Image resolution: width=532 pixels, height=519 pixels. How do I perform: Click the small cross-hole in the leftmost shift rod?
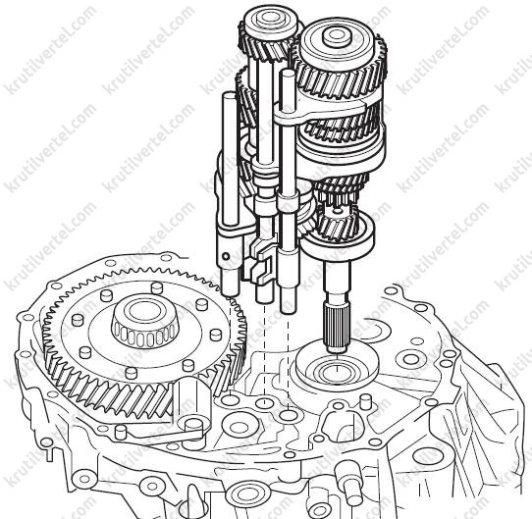(x=225, y=255)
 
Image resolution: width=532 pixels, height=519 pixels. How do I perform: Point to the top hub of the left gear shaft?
(x=270, y=21)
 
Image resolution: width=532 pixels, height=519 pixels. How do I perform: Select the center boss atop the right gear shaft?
(x=336, y=36)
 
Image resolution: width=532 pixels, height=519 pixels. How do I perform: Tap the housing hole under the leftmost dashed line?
(x=230, y=399)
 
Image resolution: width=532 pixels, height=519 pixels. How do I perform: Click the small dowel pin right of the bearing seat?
(x=365, y=401)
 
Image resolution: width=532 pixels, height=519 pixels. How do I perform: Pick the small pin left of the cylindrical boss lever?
(x=121, y=432)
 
